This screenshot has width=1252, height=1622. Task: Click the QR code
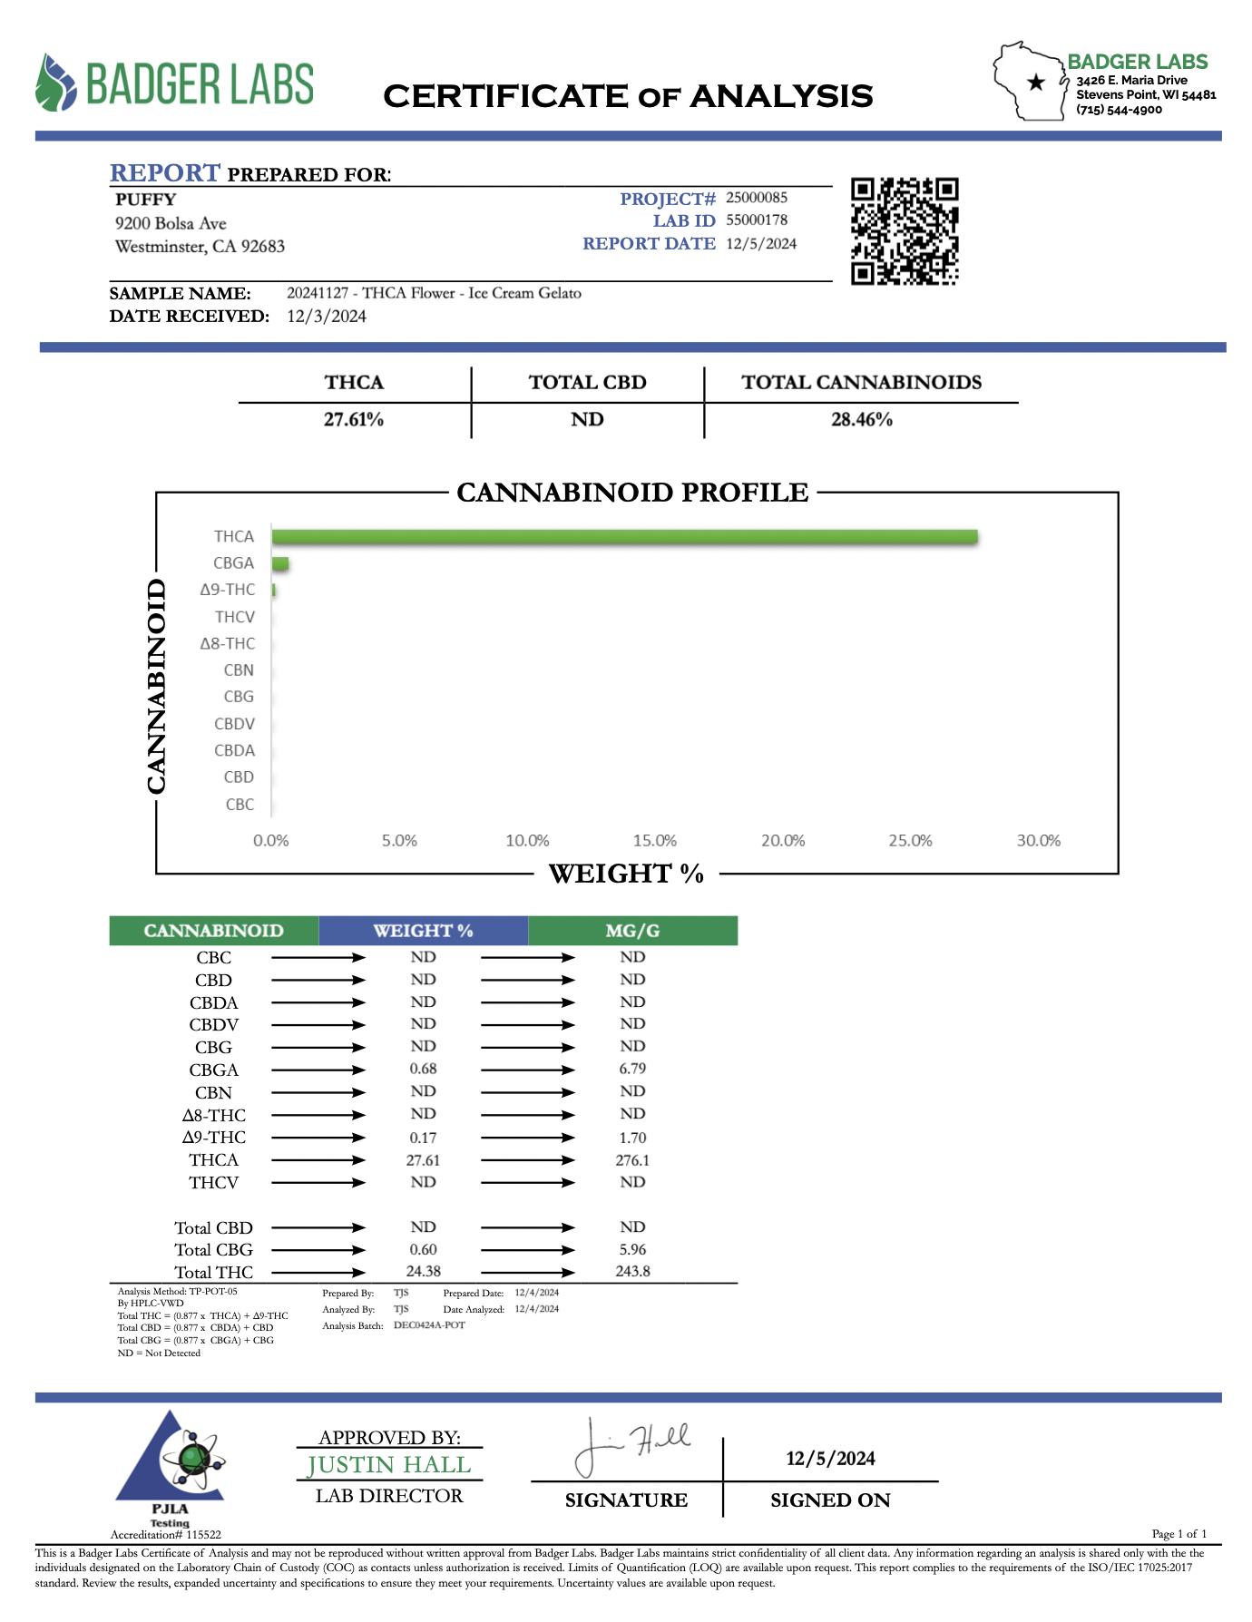point(905,231)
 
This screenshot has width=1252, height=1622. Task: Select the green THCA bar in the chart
point(624,537)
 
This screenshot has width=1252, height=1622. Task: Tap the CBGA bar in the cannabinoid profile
point(280,564)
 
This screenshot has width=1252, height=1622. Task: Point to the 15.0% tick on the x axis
point(655,841)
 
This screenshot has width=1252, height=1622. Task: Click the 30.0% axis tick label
point(1038,841)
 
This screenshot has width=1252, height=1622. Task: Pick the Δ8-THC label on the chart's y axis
point(228,644)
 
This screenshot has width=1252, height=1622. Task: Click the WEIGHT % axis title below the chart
point(626,874)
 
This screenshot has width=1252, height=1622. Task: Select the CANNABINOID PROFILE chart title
point(632,493)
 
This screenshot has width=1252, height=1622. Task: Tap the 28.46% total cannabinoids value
point(862,420)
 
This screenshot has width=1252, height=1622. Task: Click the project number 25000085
point(757,198)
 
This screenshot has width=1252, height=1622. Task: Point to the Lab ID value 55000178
point(757,220)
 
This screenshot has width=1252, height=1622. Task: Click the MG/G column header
point(632,931)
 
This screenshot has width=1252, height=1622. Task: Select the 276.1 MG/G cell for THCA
point(632,1160)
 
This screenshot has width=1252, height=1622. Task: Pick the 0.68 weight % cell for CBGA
point(423,1070)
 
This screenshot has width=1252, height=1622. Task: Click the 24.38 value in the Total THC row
point(423,1272)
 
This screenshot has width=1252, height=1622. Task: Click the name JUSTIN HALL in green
point(389,1465)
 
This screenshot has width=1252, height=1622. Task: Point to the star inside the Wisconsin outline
point(1035,83)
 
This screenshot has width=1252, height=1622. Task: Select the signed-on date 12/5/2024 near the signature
point(830,1459)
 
